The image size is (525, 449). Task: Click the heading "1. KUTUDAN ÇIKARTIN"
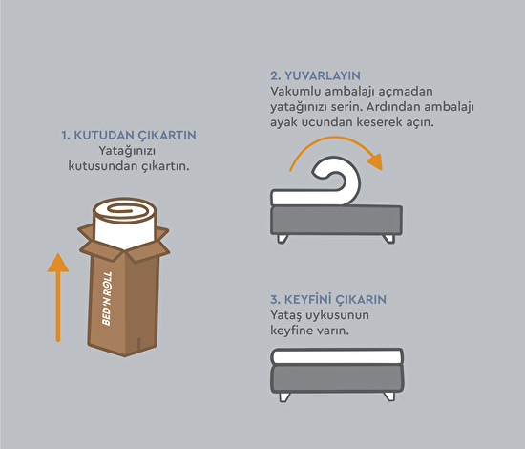pos(129,136)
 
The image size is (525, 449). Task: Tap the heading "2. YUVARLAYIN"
pos(315,75)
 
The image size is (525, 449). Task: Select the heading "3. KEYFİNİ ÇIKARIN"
pos(328,299)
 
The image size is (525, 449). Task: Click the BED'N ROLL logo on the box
pos(107,298)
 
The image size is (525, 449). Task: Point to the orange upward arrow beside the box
pos(58,297)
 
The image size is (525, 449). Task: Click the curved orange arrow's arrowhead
pos(376,161)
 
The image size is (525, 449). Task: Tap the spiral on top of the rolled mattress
pos(125,211)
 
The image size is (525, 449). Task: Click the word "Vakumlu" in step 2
pos(296,91)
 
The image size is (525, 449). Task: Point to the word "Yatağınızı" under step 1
pos(127,152)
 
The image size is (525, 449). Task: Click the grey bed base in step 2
pos(337,220)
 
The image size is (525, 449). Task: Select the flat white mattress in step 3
pos(337,356)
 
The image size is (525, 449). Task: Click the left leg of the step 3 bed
pos(283,397)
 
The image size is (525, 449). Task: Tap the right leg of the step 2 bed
pos(389,239)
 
